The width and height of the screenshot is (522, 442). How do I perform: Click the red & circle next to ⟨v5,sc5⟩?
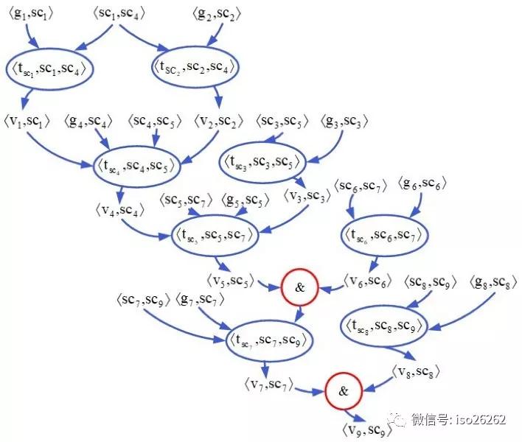tap(299, 287)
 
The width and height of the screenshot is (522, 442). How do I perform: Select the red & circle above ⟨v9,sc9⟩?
tap(343, 391)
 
